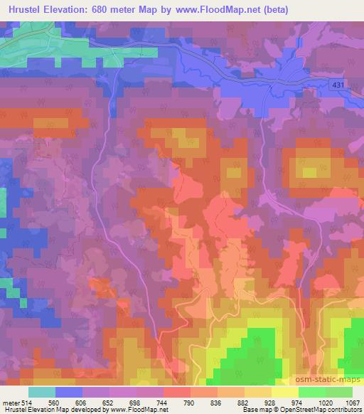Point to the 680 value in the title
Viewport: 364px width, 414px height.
click(106, 9)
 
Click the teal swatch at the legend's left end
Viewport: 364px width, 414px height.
click(42, 391)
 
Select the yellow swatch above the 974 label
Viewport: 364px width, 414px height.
click(285, 391)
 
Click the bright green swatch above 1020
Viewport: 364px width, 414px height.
click(312, 391)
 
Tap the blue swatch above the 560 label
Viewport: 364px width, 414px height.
click(69, 391)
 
